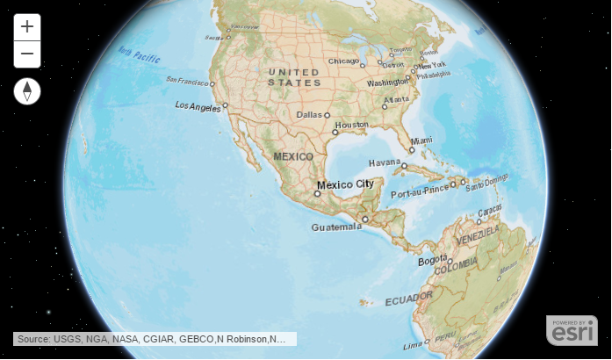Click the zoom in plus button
(27, 27)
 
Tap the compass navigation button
(27, 91)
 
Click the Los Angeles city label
(198, 105)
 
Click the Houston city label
(351, 125)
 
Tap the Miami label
(421, 140)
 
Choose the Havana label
(384, 162)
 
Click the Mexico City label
(345, 184)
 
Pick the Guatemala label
(336, 227)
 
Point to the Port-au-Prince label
(419, 193)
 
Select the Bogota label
(433, 261)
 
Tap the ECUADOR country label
(408, 299)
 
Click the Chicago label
(344, 61)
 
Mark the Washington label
(387, 83)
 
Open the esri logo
(572, 330)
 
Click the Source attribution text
(155, 339)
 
